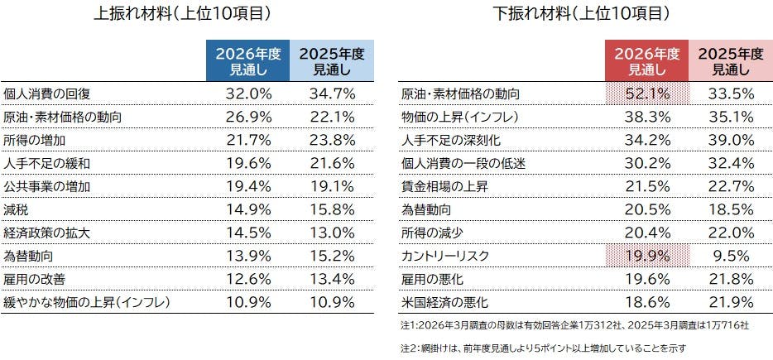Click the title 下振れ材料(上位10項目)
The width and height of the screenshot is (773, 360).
(581, 14)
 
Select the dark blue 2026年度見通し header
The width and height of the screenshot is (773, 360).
(248, 62)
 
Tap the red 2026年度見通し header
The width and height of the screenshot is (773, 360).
(646, 62)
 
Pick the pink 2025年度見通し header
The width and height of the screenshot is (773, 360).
(730, 62)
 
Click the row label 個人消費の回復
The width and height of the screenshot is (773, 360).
(42, 94)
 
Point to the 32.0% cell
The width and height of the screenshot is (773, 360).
(248, 94)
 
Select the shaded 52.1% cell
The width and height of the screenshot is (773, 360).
(646, 94)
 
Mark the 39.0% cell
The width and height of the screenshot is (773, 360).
(730, 140)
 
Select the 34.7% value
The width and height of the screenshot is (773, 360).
(332, 94)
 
